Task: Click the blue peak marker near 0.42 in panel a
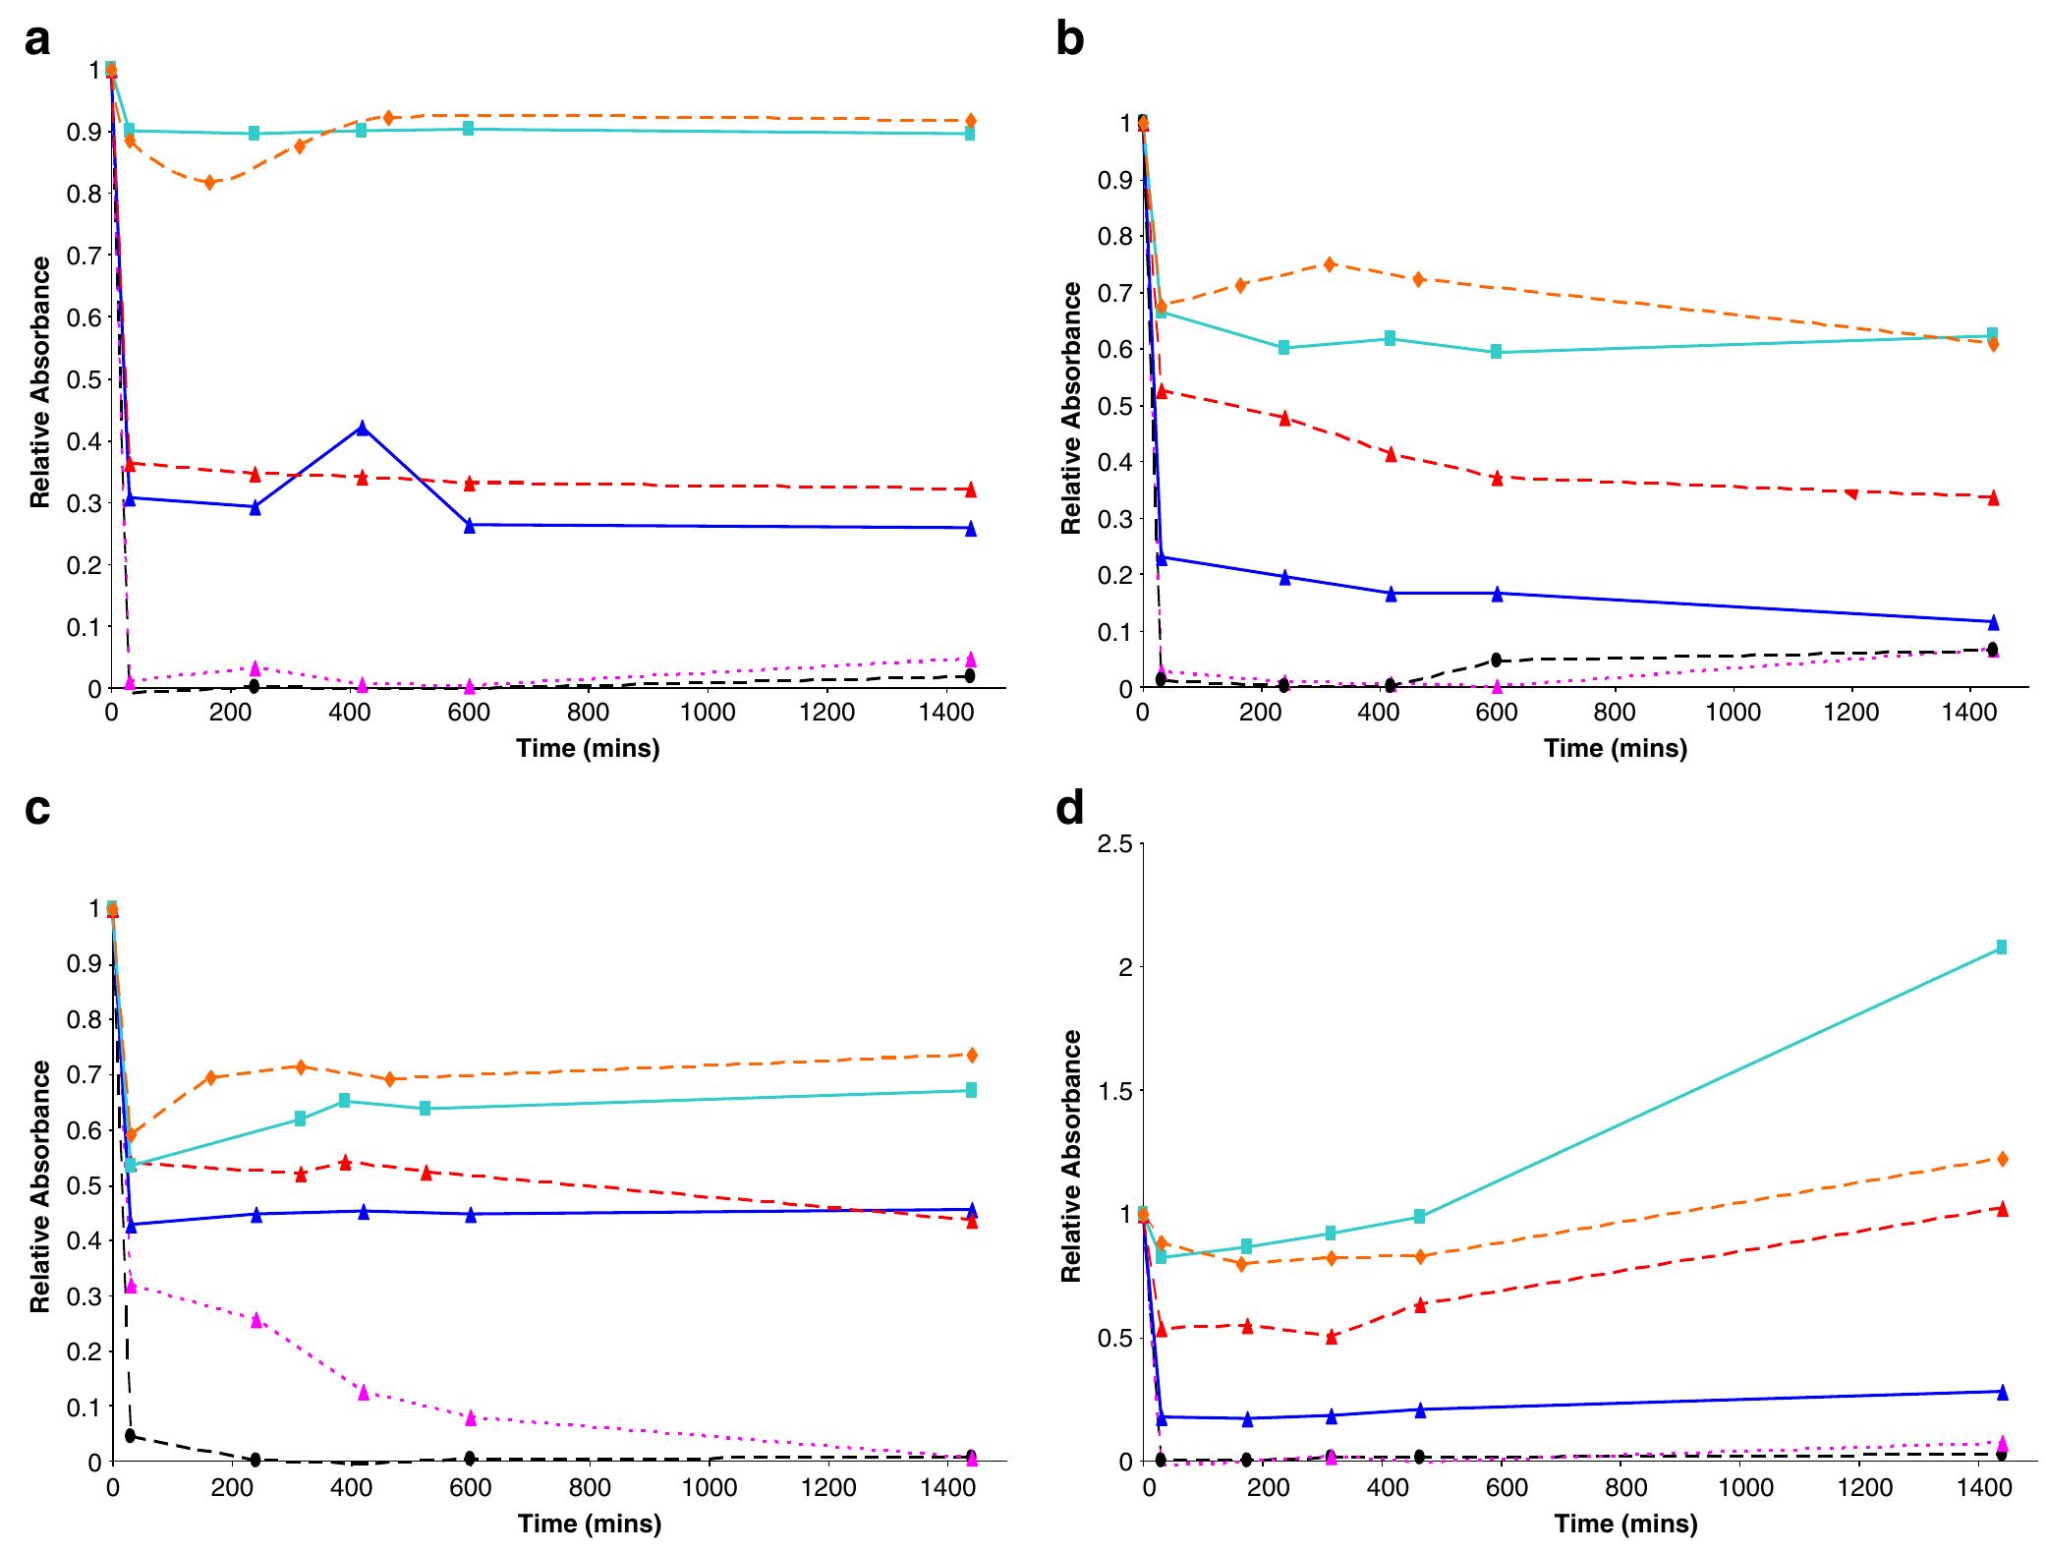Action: coord(363,428)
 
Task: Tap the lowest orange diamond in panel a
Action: coord(209,183)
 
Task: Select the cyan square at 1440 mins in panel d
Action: coord(2001,948)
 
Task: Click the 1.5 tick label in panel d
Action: coord(1113,1091)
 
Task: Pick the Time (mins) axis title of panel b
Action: coord(1616,749)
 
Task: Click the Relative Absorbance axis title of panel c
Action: coord(40,1185)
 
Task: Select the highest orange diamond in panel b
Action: coord(1330,263)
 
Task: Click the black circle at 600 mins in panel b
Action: coord(1496,660)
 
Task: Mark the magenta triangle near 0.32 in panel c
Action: coord(132,1286)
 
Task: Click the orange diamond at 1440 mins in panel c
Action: coord(971,1055)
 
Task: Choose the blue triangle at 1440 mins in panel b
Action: coord(1993,622)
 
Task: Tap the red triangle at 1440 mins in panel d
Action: coord(2002,1209)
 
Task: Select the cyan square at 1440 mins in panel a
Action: coord(970,134)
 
